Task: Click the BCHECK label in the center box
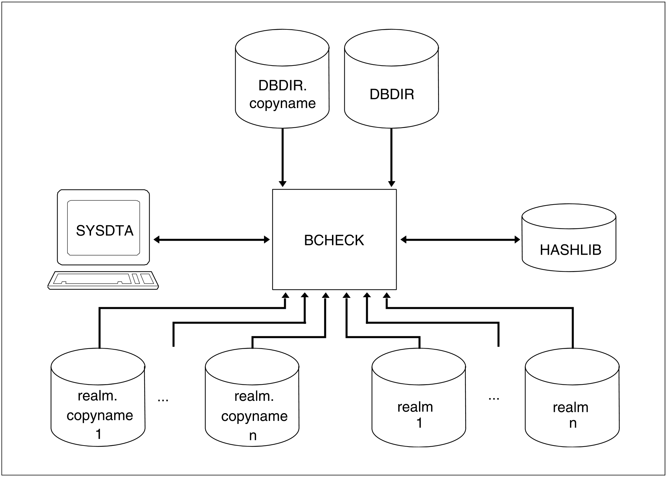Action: click(x=334, y=240)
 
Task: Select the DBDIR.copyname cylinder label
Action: click(x=282, y=95)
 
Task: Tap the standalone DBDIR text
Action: click(x=392, y=94)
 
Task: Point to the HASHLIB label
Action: click(x=570, y=250)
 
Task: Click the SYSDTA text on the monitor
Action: click(x=104, y=231)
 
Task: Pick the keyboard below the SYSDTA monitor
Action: click(x=103, y=280)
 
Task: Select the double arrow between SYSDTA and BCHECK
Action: click(x=212, y=240)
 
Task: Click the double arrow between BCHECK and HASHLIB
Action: click(x=460, y=240)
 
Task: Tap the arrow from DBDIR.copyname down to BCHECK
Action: click(x=282, y=157)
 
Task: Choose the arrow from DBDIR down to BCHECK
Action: click(x=392, y=157)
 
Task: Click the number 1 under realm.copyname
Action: click(x=98, y=434)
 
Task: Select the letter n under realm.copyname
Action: click(x=253, y=435)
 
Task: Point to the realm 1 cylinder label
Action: click(x=416, y=415)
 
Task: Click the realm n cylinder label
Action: click(x=571, y=415)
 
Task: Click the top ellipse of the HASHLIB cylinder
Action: click(x=569, y=216)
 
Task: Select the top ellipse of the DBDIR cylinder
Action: click(x=392, y=47)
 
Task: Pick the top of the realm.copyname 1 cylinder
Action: click(x=98, y=366)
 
